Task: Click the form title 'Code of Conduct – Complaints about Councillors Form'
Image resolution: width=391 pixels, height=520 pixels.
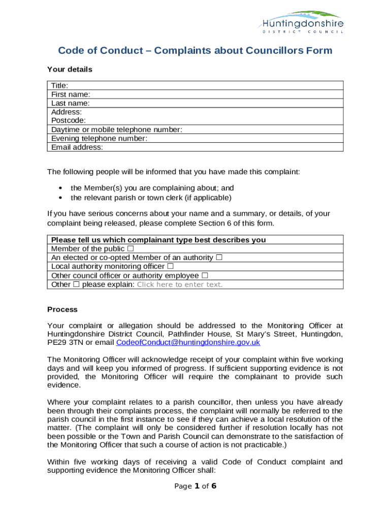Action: [195, 50]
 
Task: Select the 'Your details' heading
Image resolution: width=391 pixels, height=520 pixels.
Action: [70, 69]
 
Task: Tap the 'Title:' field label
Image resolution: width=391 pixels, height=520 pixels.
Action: [60, 85]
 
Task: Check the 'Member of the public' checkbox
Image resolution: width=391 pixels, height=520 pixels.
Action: [131, 249]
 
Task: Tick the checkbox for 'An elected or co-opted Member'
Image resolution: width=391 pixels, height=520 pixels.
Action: [219, 257]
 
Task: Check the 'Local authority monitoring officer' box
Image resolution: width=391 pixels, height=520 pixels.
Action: [170, 266]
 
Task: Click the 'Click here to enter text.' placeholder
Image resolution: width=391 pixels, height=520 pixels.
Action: [180, 284]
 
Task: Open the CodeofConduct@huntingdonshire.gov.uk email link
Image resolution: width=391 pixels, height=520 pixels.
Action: [188, 342]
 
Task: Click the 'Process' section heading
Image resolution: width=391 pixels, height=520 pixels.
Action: [62, 309]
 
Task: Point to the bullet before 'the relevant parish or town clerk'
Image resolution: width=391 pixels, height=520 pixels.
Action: [60, 198]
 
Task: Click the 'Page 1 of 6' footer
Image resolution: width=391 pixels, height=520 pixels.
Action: [195, 486]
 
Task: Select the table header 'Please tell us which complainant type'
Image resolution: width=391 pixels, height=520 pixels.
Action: [158, 240]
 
